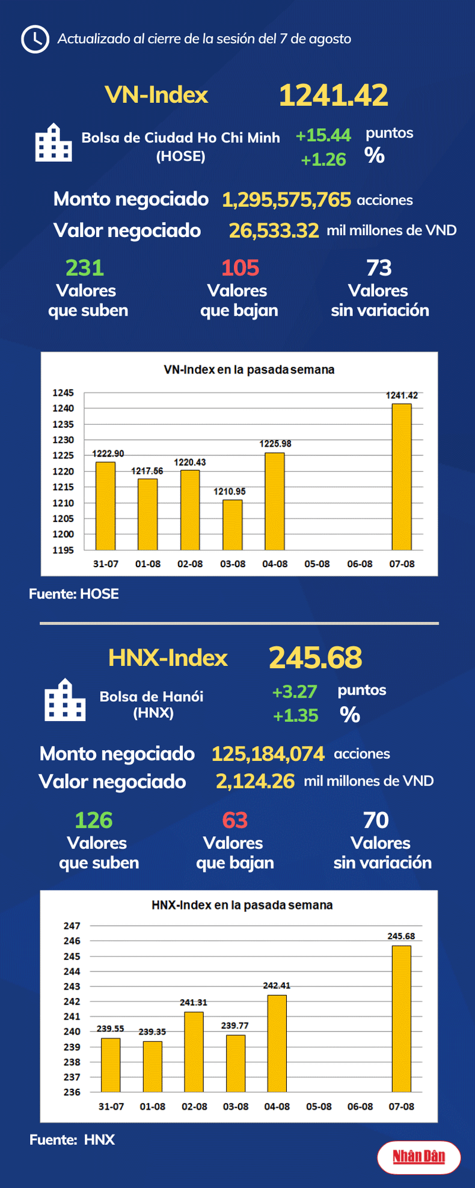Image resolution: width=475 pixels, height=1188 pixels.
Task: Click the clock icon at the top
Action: click(x=35, y=39)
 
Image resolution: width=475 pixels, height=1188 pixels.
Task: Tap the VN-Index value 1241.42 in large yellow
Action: click(x=333, y=96)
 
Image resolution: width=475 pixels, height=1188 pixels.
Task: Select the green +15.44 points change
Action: click(x=323, y=135)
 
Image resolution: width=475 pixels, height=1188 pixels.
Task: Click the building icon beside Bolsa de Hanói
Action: click(x=65, y=700)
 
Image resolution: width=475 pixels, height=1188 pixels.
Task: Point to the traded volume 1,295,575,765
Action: click(x=286, y=200)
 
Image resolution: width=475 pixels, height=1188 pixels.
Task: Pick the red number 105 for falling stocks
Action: click(x=240, y=268)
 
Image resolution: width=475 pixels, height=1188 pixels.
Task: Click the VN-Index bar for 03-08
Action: click(x=232, y=525)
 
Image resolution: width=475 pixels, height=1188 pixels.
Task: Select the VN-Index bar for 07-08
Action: click(x=401, y=476)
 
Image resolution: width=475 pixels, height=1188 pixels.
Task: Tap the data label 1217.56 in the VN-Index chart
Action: click(x=147, y=471)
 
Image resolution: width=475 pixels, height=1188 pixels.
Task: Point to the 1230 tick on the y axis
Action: click(x=63, y=440)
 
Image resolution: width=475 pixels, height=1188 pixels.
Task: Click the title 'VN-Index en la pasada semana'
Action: click(x=249, y=369)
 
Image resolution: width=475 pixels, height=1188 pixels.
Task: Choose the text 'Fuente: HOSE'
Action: click(x=74, y=594)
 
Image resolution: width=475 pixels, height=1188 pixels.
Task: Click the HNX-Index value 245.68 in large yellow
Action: click(x=315, y=657)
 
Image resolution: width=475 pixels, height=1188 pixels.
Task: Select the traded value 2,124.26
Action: click(x=255, y=781)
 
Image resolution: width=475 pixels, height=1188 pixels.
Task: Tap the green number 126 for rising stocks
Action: click(x=94, y=820)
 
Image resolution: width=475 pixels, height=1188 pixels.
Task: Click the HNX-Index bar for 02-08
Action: click(x=194, y=1051)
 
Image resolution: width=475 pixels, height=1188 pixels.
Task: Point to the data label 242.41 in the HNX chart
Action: click(x=277, y=985)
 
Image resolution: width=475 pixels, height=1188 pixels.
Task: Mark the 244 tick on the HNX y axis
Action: click(x=72, y=971)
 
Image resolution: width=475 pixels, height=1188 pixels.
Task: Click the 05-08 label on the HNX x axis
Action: click(x=318, y=1107)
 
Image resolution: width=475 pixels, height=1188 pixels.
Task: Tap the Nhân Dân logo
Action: click(x=418, y=1157)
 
